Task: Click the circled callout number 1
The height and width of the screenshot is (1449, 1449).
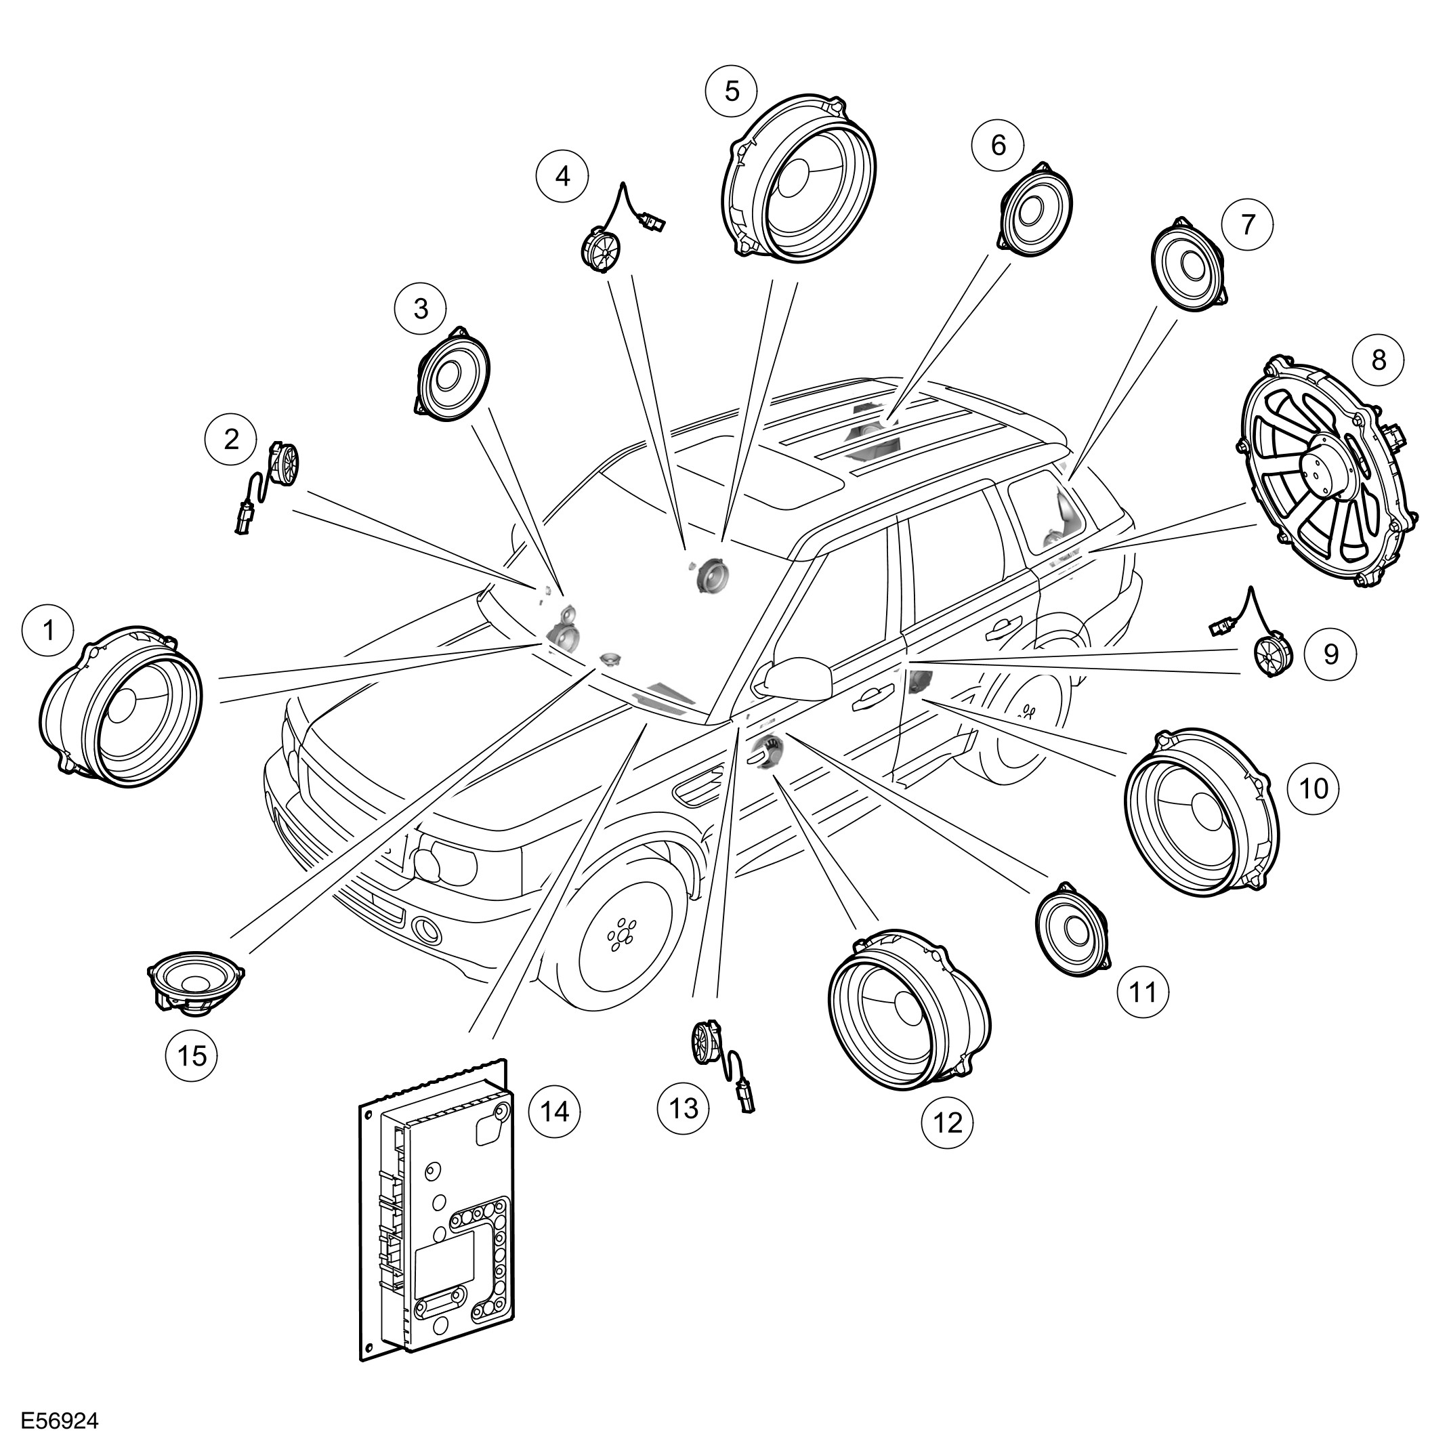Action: pos(49,630)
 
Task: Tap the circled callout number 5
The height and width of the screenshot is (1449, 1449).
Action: pos(731,91)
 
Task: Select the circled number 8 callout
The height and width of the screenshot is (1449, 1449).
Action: pos(1379,360)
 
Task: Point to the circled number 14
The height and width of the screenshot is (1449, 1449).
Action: pos(554,1111)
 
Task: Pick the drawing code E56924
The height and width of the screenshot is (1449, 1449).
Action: pos(59,1421)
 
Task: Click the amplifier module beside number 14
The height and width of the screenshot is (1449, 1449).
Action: pos(437,1219)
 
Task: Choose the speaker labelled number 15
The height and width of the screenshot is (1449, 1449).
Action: pos(194,982)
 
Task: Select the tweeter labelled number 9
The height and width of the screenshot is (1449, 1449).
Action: pos(1273,657)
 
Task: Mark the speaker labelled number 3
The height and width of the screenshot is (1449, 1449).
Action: pos(453,373)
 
